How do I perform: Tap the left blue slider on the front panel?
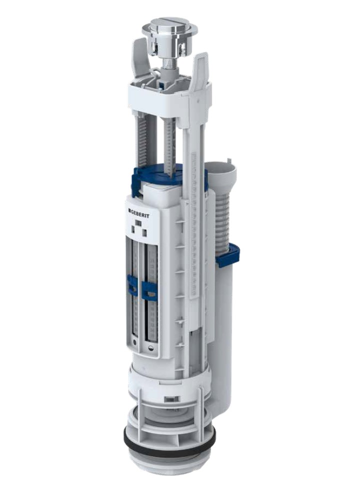click(132, 285)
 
